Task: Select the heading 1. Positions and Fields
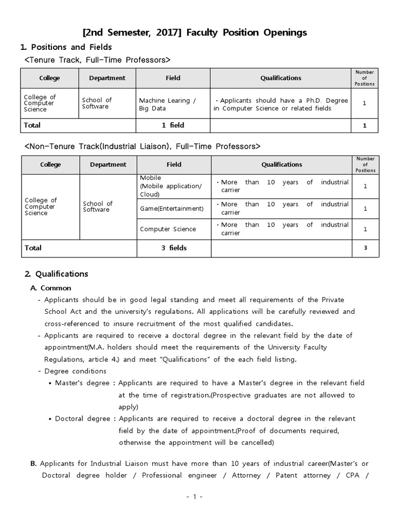(x=65, y=47)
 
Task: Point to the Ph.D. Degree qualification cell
(x=281, y=104)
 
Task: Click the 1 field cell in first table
(x=173, y=125)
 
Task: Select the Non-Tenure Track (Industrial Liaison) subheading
(x=142, y=146)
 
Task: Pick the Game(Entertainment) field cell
(x=172, y=209)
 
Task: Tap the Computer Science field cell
(x=168, y=229)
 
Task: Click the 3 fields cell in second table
(x=174, y=248)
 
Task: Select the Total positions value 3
(x=365, y=248)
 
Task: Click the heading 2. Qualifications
(x=57, y=274)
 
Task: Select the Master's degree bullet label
(x=82, y=383)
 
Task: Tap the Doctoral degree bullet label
(x=83, y=419)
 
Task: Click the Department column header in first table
(x=107, y=78)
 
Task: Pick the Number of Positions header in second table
(x=366, y=164)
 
